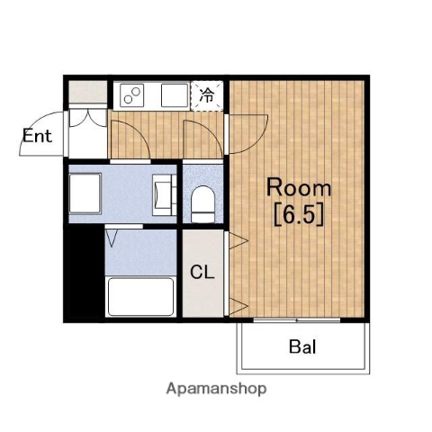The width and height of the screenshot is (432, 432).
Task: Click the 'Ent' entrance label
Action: (x=37, y=138)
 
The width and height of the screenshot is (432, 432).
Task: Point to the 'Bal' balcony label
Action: (x=302, y=347)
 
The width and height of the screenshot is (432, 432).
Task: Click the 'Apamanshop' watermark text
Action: (x=216, y=390)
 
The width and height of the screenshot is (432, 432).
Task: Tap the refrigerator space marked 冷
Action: (x=207, y=94)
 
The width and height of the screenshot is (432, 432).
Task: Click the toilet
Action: (x=203, y=202)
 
